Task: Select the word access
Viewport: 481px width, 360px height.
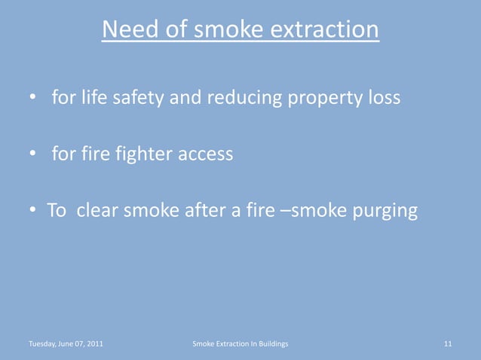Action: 205,154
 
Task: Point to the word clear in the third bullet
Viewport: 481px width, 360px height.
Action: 98,210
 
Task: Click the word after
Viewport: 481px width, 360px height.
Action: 200,210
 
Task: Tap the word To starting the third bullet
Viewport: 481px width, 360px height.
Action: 57,210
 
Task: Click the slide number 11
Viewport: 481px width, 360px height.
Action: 448,344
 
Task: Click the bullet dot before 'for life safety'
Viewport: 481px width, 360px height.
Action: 33,99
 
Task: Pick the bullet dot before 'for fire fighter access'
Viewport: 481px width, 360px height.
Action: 33,154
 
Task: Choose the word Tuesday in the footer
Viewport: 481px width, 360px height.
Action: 41,344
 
